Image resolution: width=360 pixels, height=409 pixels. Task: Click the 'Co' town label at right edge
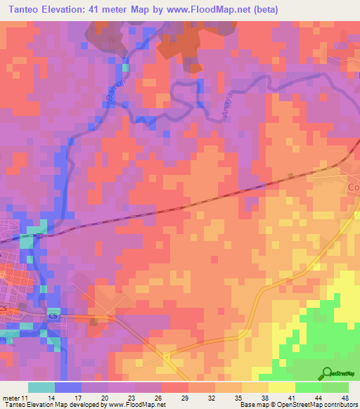[353, 188]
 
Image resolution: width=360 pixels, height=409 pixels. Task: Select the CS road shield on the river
[52, 316]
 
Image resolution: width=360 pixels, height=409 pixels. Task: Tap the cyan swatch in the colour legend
[41, 387]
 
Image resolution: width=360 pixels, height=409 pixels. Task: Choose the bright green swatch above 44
[308, 387]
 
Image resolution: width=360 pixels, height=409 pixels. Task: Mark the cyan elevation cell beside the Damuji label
[127, 67]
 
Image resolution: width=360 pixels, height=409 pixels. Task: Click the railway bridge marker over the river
[38, 235]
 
